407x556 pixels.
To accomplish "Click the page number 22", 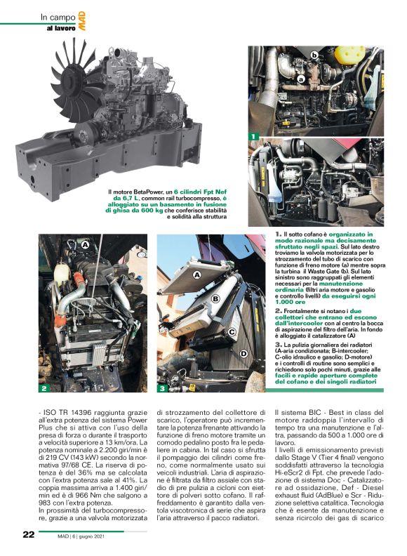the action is coord(27,534).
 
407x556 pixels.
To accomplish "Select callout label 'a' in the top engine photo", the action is coord(301,79).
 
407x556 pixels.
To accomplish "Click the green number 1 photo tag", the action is coord(253,134).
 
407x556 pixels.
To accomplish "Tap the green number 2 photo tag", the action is coord(44,388).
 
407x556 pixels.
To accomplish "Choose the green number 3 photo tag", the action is coord(161,388).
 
